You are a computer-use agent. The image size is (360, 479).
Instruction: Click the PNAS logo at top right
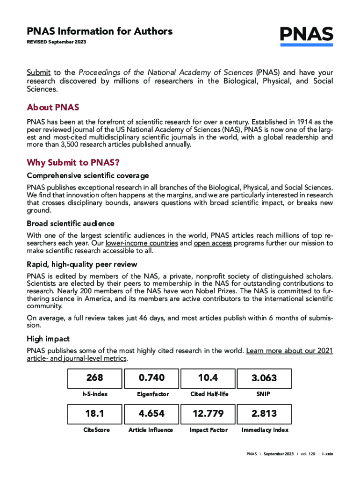click(x=306, y=35)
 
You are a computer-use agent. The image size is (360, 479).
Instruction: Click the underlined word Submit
click(x=38, y=73)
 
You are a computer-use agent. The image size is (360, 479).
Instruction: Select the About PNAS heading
click(x=53, y=108)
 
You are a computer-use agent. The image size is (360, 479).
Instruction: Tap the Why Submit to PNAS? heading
click(x=73, y=163)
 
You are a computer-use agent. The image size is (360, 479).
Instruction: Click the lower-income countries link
click(x=142, y=243)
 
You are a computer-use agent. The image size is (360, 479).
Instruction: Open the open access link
click(x=212, y=243)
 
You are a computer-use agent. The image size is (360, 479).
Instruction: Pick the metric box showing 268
click(x=94, y=378)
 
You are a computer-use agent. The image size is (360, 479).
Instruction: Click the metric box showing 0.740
click(x=152, y=378)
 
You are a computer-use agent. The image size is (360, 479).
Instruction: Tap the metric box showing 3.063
click(x=264, y=378)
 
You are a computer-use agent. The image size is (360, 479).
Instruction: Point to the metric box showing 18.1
click(x=94, y=414)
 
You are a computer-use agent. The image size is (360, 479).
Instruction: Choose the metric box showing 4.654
click(x=152, y=414)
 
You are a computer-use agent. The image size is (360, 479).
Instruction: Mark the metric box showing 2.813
click(x=264, y=414)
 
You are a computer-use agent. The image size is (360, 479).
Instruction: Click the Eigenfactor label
click(x=152, y=394)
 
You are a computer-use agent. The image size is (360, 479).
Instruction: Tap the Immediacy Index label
click(x=265, y=430)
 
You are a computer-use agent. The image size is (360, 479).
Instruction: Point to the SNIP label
click(x=263, y=394)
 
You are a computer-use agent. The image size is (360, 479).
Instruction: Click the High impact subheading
click(x=48, y=339)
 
